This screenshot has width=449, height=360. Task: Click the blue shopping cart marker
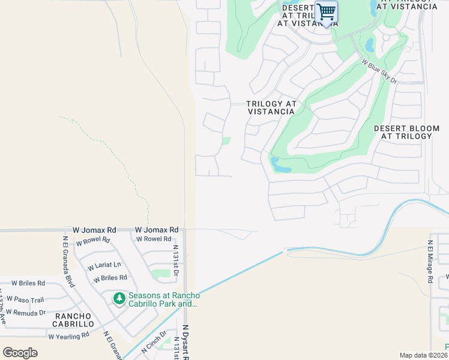[326, 12]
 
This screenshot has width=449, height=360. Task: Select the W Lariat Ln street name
[104, 265]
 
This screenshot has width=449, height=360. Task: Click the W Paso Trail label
[25, 300]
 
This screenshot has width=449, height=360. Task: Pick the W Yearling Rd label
[68, 336]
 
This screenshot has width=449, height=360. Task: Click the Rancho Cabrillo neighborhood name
[73, 320]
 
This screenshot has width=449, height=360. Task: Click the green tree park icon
[119, 298]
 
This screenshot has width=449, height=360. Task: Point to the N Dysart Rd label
[185, 342]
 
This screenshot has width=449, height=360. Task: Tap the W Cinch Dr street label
[154, 341]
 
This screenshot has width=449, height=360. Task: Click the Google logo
[20, 353]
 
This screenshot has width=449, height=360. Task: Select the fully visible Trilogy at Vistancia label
[272, 107]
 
